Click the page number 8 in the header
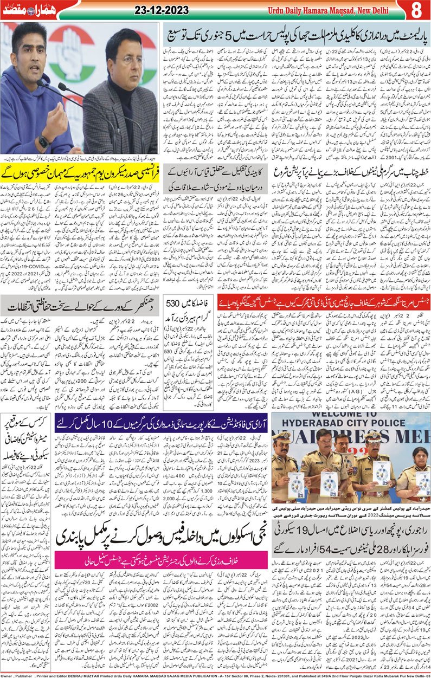416,10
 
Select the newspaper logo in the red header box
25,10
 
